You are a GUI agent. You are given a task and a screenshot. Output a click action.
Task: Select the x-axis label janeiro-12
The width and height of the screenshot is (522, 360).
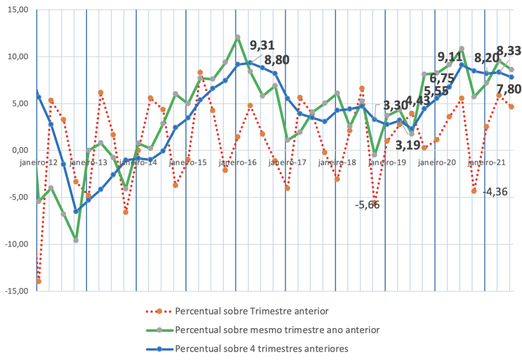(x=38, y=162)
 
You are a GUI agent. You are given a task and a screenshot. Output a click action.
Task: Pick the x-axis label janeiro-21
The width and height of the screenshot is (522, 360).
(x=487, y=162)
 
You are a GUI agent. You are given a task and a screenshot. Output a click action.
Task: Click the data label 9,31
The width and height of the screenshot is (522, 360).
(x=262, y=45)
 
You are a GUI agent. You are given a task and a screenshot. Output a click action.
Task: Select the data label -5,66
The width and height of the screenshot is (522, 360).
(x=367, y=205)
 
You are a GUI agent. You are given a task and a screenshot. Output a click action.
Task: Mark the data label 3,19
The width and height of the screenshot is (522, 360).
(x=408, y=145)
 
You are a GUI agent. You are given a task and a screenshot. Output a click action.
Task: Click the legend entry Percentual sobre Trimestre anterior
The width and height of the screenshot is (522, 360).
(x=251, y=312)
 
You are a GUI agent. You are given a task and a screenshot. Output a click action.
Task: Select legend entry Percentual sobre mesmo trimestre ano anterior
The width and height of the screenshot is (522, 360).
(x=277, y=330)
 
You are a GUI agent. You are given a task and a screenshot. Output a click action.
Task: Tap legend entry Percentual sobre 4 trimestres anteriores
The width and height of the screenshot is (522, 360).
(x=262, y=349)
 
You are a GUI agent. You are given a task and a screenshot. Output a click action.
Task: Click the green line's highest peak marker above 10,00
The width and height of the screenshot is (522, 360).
(x=237, y=38)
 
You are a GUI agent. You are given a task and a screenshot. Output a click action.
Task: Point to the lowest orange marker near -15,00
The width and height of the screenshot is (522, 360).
(x=38, y=281)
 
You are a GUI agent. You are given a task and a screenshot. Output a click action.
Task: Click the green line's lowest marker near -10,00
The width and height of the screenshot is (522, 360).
(x=76, y=240)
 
